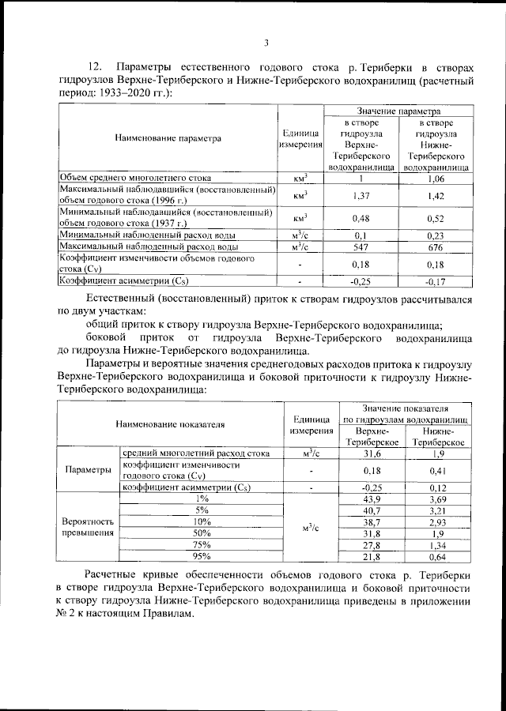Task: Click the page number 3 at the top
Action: tap(266, 43)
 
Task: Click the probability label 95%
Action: tap(201, 558)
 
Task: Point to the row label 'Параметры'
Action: tap(88, 471)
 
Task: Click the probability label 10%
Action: tap(201, 523)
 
